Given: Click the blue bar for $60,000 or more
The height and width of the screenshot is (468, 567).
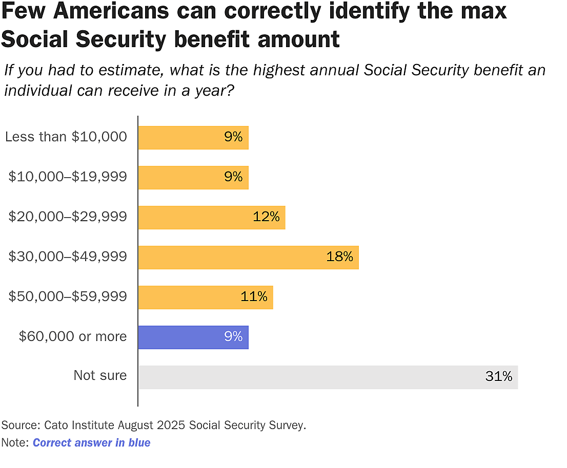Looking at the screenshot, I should [193, 337].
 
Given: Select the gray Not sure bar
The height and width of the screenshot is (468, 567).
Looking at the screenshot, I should [328, 377].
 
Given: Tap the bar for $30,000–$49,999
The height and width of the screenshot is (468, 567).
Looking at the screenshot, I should [248, 258].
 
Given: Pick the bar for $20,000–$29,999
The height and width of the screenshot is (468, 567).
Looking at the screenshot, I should [211, 218].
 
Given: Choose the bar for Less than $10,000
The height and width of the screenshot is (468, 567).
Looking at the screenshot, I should [193, 138].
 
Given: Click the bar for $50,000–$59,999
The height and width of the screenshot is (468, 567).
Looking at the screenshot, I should [205, 297].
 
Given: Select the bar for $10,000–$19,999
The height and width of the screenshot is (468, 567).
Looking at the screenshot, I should [193, 178].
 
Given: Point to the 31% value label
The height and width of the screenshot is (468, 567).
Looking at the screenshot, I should [498, 377].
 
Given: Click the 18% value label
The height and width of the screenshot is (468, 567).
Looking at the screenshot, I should [339, 257].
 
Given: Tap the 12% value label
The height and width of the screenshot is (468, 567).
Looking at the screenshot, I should [266, 217].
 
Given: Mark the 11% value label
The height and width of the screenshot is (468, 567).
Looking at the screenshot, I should [254, 297].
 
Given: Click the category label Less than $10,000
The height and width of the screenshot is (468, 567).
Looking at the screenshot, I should [66, 137].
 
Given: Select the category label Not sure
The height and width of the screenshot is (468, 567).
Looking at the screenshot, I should [100, 375].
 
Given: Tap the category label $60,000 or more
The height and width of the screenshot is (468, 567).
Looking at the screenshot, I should [73, 336].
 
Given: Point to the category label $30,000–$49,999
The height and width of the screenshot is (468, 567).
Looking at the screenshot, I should [68, 257].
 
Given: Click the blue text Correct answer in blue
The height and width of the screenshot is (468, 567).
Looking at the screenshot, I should [91, 443].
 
